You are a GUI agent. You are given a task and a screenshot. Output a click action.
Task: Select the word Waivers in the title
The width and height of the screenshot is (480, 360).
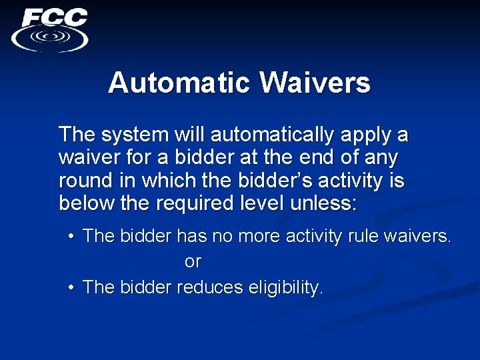pyautogui.click(x=315, y=83)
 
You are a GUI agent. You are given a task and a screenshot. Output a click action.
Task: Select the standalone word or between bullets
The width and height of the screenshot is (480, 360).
pyautogui.click(x=192, y=262)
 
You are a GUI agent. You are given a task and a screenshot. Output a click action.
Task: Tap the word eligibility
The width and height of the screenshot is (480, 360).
pyautogui.click(x=285, y=288)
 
